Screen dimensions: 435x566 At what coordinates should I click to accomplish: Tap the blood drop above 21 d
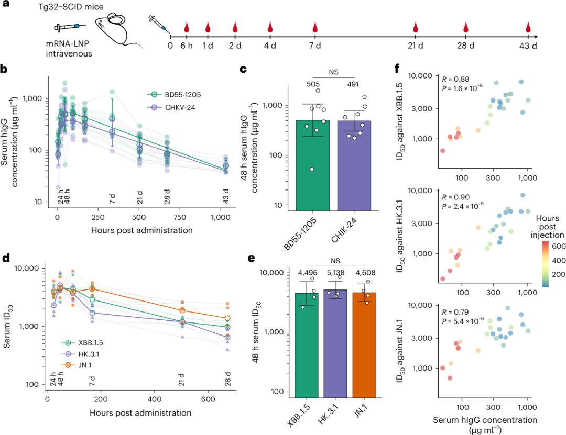click(416, 27)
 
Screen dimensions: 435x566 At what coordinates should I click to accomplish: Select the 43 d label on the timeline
click(528, 47)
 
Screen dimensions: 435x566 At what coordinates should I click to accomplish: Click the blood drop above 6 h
click(186, 27)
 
